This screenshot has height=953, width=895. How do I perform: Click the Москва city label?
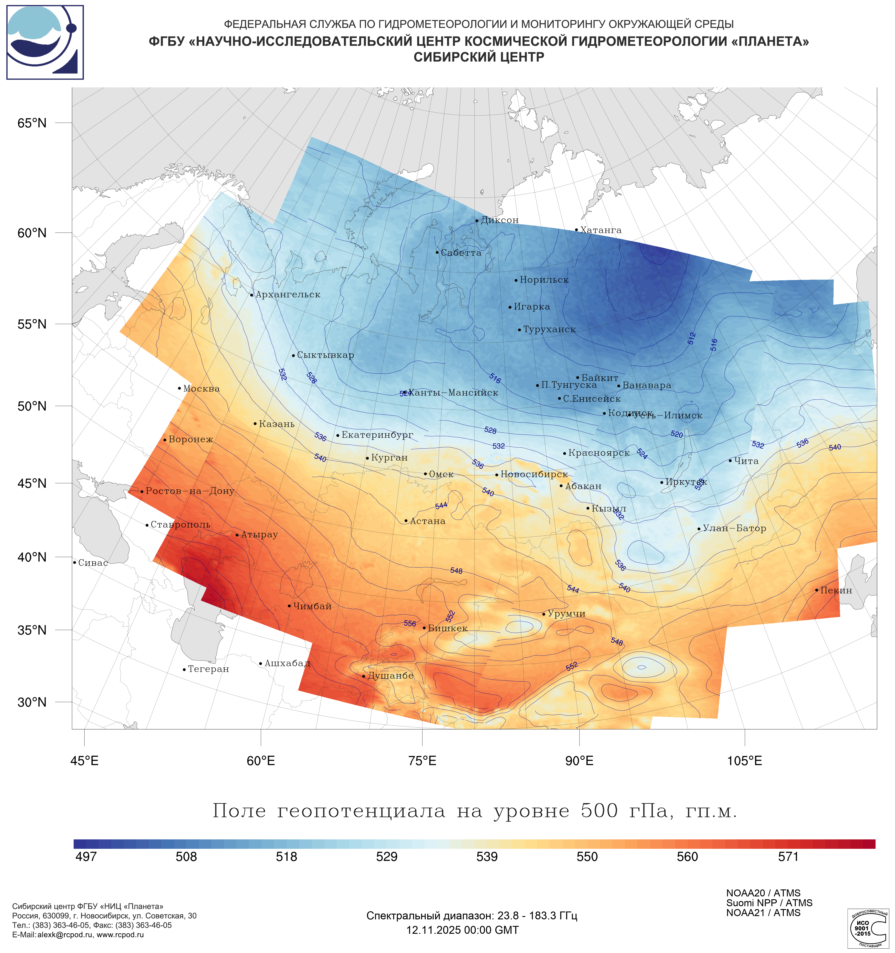[x=201, y=389]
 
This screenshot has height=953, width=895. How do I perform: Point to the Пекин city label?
[x=836, y=591]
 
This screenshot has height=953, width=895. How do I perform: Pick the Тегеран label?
[x=208, y=669]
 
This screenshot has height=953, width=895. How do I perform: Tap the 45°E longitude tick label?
[x=84, y=761]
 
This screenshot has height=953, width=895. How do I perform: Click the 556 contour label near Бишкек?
[x=410, y=624]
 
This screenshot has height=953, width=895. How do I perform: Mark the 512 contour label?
[x=691, y=338]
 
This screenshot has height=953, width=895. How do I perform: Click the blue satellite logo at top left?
[x=45, y=42]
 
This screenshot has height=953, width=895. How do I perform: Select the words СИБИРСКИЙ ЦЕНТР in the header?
[x=479, y=57]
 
